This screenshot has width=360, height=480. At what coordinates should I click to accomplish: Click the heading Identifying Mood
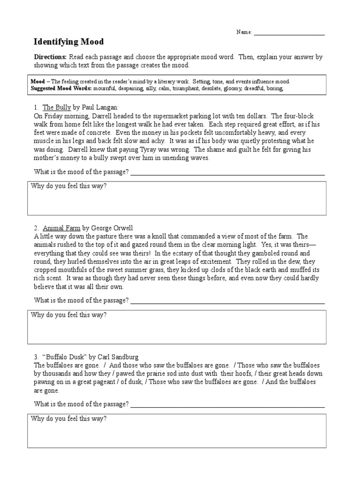click(68, 42)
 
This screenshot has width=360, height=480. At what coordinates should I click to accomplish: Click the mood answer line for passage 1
click(227, 172)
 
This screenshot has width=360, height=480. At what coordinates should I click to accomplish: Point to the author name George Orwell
click(112, 228)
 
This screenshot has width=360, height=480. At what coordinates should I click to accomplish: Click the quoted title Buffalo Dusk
click(64, 357)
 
